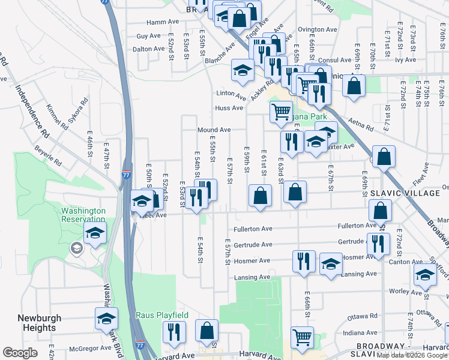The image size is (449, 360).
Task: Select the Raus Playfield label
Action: (x=162, y=315)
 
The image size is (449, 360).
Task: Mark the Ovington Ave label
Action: (x=318, y=29)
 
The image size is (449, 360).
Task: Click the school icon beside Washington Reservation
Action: (x=95, y=233)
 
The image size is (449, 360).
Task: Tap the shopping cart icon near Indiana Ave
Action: (x=302, y=337)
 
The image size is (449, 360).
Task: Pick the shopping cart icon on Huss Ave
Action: (x=281, y=111)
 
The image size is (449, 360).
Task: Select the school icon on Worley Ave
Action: (x=425, y=275)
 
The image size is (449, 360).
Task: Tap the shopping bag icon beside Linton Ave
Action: (x=354, y=85)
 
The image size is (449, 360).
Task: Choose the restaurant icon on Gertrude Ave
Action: (x=378, y=244)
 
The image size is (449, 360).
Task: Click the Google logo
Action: (x=20, y=353)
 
